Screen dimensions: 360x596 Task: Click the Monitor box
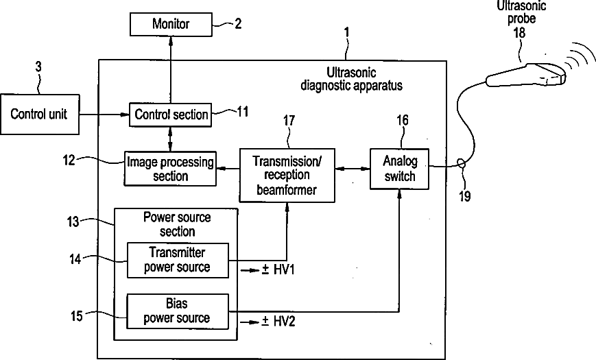170,25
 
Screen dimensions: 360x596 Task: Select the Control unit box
39,113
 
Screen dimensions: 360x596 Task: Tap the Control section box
171,115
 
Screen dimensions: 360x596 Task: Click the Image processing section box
170,168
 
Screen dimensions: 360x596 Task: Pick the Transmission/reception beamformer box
287,175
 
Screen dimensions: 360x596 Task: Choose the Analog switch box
398,168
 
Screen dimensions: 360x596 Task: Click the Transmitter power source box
178,260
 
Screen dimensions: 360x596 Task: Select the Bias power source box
178,311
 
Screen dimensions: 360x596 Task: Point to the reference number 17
289,120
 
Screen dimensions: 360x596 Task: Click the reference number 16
403,120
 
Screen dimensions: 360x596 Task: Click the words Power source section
177,224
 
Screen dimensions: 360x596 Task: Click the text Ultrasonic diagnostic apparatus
352,80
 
